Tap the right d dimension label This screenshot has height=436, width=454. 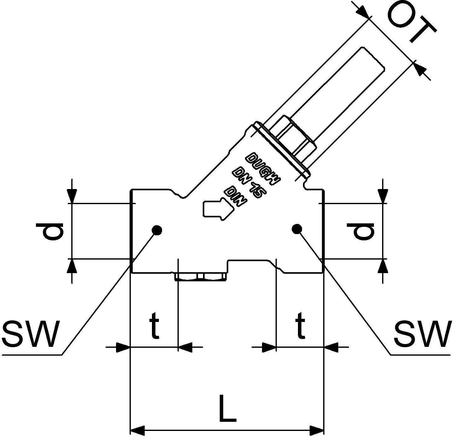361,231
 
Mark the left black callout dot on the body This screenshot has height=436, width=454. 157,230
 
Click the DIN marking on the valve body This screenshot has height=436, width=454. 235,197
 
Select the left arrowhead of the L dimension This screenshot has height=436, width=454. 137,430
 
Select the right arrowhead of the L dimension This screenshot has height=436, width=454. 317,430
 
